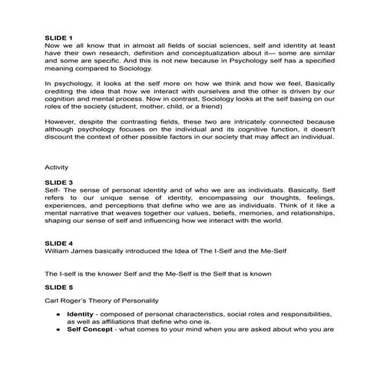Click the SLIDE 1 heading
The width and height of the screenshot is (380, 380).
pos(59,36)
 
